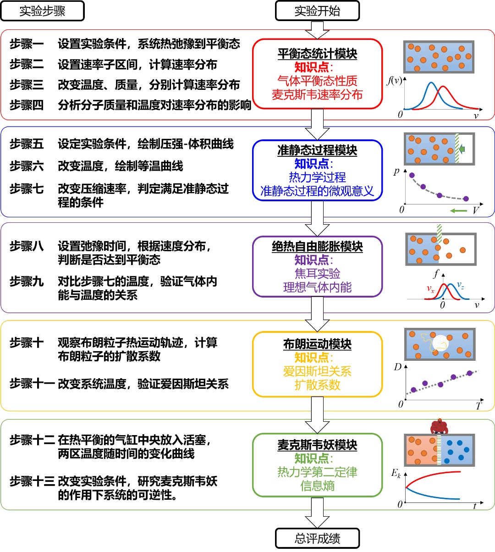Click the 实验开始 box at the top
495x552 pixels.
pyautogui.click(x=317, y=11)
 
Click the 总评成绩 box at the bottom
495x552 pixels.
pyautogui.click(x=317, y=538)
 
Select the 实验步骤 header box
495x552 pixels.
pyautogui.click(x=42, y=11)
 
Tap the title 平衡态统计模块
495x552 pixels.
pyautogui.click(x=317, y=54)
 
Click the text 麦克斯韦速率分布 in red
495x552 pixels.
pyautogui.click(x=317, y=95)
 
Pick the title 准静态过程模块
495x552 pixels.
pyautogui.click(x=317, y=150)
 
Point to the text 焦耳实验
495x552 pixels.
pyautogui.click(x=317, y=274)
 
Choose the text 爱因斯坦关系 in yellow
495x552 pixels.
pyautogui.click(x=317, y=371)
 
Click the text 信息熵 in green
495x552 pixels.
pyautogui.click(x=317, y=486)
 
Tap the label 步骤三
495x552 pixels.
pyautogui.click(x=27, y=85)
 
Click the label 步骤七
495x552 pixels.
pyautogui.click(x=27, y=189)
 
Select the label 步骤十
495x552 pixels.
pyautogui.click(x=27, y=343)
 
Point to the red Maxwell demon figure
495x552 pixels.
pyautogui.click(x=439, y=426)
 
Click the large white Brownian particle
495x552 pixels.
pyautogui.click(x=440, y=343)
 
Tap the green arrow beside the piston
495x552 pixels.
pyautogui.click(x=462, y=149)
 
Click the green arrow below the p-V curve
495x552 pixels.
pyautogui.click(x=458, y=211)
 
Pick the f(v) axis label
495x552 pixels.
pyautogui.click(x=394, y=81)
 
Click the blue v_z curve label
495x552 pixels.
pyautogui.click(x=461, y=286)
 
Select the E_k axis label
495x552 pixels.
pyautogui.click(x=396, y=474)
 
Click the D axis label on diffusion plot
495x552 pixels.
pyautogui.click(x=397, y=367)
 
